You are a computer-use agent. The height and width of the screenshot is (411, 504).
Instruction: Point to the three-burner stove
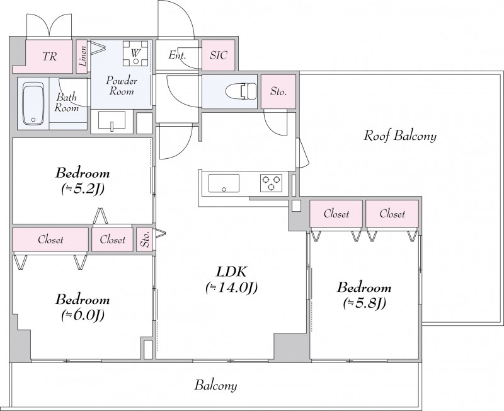(x=270, y=183)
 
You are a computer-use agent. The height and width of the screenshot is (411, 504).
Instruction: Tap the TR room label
(x=49, y=57)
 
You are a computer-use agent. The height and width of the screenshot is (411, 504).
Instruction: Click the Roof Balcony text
(x=400, y=136)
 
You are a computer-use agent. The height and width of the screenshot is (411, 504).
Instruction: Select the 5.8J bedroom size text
(x=364, y=303)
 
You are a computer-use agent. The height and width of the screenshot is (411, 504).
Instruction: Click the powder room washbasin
(x=112, y=120)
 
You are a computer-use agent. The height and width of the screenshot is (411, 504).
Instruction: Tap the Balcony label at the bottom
(x=215, y=386)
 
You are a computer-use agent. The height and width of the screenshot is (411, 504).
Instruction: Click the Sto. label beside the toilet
(x=278, y=91)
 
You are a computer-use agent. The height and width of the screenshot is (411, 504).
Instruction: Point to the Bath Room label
(x=67, y=103)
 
